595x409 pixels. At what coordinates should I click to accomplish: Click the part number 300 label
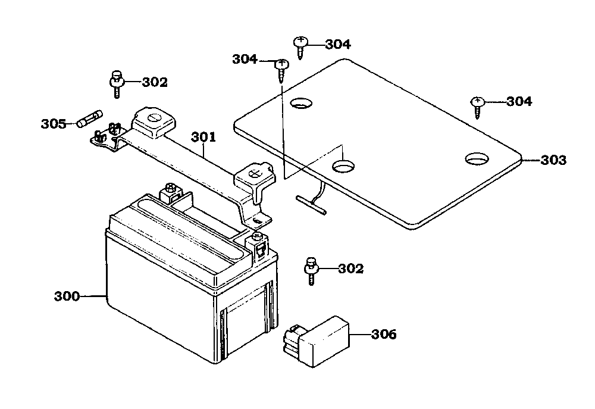coord(67,296)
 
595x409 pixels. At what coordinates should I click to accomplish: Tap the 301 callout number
coord(203,137)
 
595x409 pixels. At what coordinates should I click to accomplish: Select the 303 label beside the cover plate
coord(553,160)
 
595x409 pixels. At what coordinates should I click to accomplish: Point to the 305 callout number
coord(54,124)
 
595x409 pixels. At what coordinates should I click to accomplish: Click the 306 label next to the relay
coord(384,334)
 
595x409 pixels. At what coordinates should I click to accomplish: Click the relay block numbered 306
coord(316,341)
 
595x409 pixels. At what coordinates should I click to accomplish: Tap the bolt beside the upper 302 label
coord(117,84)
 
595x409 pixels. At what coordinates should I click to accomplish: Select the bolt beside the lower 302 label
coord(311,271)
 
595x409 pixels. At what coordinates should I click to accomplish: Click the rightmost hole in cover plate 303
coord(477,159)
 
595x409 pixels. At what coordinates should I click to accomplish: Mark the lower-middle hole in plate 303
coord(343,166)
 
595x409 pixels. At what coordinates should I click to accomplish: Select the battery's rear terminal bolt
coord(170,188)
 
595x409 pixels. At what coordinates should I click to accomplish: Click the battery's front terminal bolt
coord(257,237)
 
